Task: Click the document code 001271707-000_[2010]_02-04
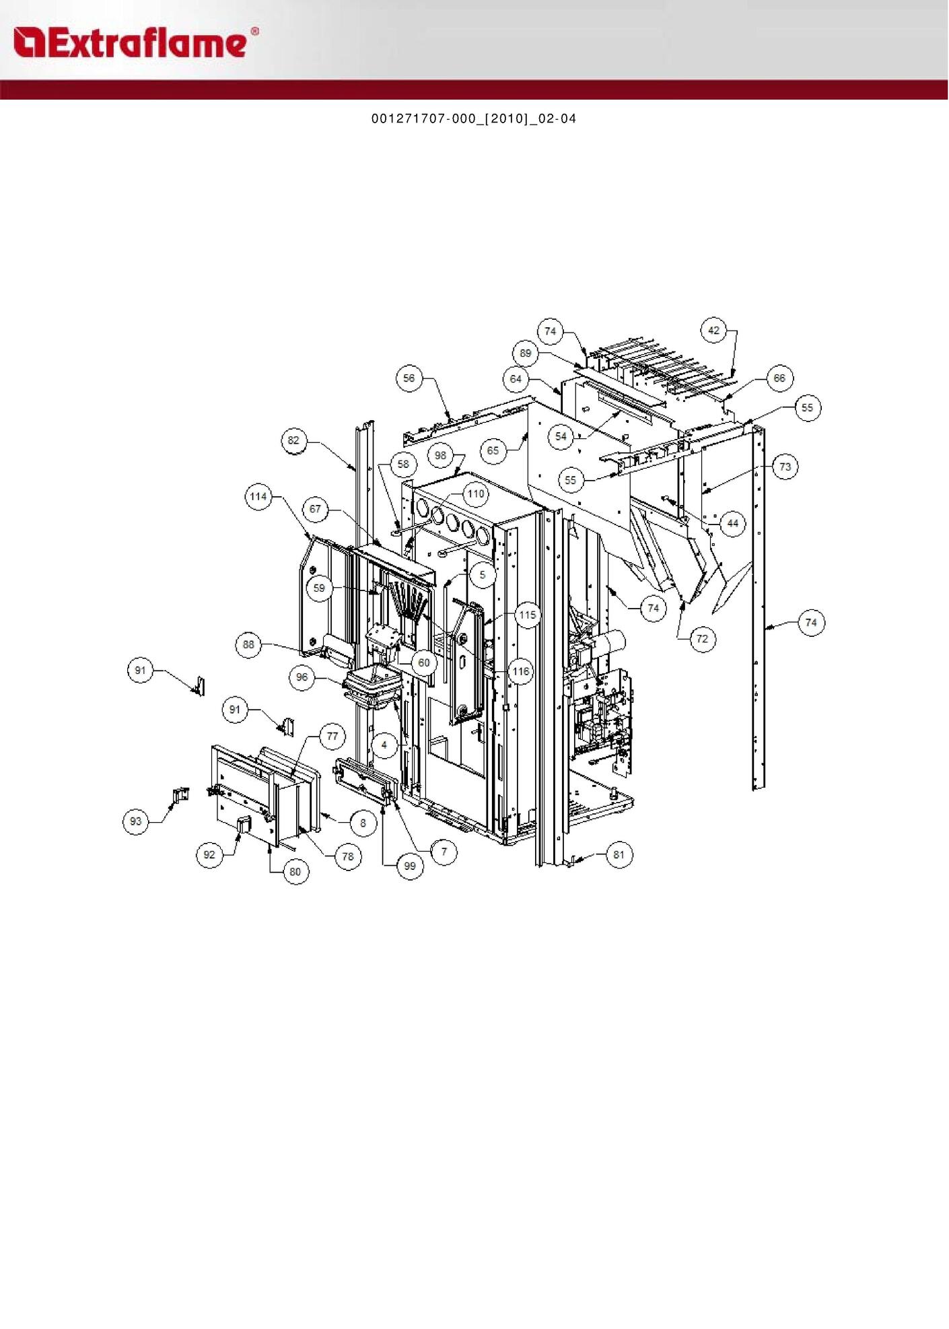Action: pyautogui.click(x=474, y=119)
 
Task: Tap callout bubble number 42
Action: pyautogui.click(x=714, y=331)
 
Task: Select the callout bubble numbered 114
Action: pyautogui.click(x=258, y=497)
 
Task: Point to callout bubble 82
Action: pyautogui.click(x=293, y=441)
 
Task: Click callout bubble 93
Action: pyautogui.click(x=137, y=821)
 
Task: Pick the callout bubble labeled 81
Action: pyautogui.click(x=619, y=855)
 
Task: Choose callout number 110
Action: pyautogui.click(x=476, y=494)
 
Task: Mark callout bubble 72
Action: pyautogui.click(x=702, y=638)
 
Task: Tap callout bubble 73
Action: pyautogui.click(x=785, y=467)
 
